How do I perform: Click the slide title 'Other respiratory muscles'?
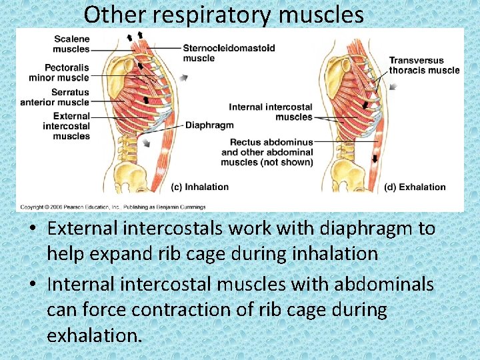(x=224, y=14)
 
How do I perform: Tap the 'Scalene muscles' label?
(x=71, y=44)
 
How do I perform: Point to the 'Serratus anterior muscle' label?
(x=55, y=97)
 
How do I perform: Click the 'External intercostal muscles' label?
(x=66, y=126)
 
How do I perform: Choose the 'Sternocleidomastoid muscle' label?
(x=229, y=53)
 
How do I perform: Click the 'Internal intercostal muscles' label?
(x=270, y=112)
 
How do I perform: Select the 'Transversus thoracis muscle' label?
(x=424, y=65)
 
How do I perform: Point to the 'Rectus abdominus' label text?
(x=271, y=142)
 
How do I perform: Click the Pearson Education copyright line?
(x=111, y=207)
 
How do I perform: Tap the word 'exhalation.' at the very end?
(x=95, y=335)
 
